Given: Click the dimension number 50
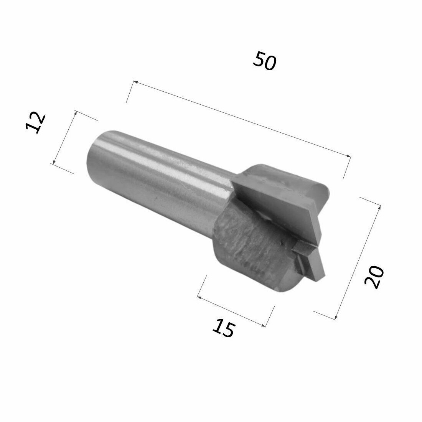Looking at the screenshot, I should (264, 62).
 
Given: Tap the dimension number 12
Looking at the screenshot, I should (36, 123).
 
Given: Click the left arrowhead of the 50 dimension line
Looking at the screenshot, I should (134, 82).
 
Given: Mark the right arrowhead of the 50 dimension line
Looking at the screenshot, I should (349, 156).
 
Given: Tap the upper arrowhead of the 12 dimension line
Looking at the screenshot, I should (76, 112).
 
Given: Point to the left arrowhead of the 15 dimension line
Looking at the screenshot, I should (199, 297).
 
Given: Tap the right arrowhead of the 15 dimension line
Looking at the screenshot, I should (264, 326).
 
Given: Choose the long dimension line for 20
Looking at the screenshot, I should (358, 262).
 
